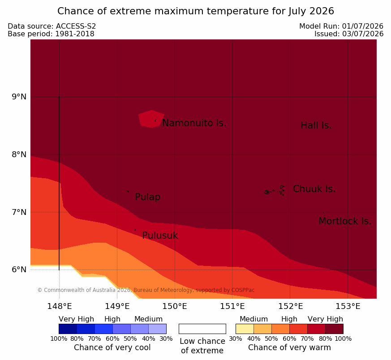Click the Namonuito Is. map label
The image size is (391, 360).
tap(194, 123)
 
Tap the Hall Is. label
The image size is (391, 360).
tap(316, 125)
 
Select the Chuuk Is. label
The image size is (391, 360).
tap(314, 189)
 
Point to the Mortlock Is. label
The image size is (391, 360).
tap(345, 221)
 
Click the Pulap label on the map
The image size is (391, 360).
tap(148, 197)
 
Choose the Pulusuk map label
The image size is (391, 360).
tap(160, 236)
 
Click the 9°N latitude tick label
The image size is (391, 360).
tap(19, 97)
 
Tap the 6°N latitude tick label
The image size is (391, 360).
tap(19, 270)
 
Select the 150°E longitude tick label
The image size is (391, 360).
tap(175, 306)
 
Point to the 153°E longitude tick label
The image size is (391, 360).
tap(348, 306)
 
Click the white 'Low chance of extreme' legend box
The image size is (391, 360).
tap(202, 329)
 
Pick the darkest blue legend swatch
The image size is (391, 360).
tap(68, 329)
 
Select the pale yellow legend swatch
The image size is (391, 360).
tap(245, 329)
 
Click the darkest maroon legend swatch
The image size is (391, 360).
tap(335, 329)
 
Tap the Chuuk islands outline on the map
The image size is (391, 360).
tap(275, 191)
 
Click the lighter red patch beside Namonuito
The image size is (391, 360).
tap(151, 119)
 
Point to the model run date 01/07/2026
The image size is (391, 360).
tap(363, 26)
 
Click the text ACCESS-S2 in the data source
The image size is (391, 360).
tap(76, 26)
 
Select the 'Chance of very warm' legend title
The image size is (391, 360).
tap(289, 347)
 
